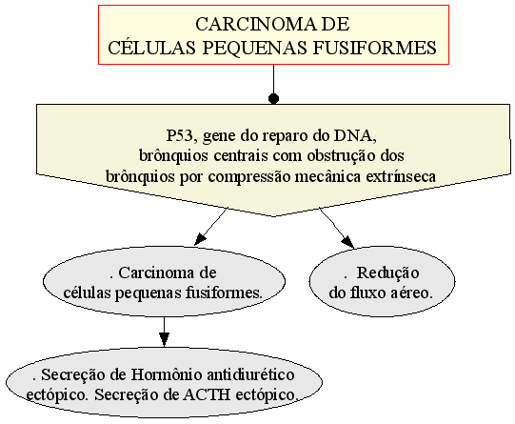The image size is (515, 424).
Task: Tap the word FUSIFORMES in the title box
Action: coord(374,48)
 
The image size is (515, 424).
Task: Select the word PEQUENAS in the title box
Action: coord(254,48)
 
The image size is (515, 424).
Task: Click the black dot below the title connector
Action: coord(273,98)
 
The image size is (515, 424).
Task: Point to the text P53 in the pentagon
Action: coord(179,135)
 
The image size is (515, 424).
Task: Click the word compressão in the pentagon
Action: coord(249,177)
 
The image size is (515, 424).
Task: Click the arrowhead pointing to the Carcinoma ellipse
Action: coord(199,239)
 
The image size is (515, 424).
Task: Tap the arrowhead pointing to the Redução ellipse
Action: coord(348,242)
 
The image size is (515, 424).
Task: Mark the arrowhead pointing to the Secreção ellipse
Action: coord(165,339)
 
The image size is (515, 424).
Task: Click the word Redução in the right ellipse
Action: coord(387,273)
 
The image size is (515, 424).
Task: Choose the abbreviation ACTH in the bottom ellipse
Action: coord(207,395)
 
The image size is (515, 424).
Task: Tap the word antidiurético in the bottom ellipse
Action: coord(250,374)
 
